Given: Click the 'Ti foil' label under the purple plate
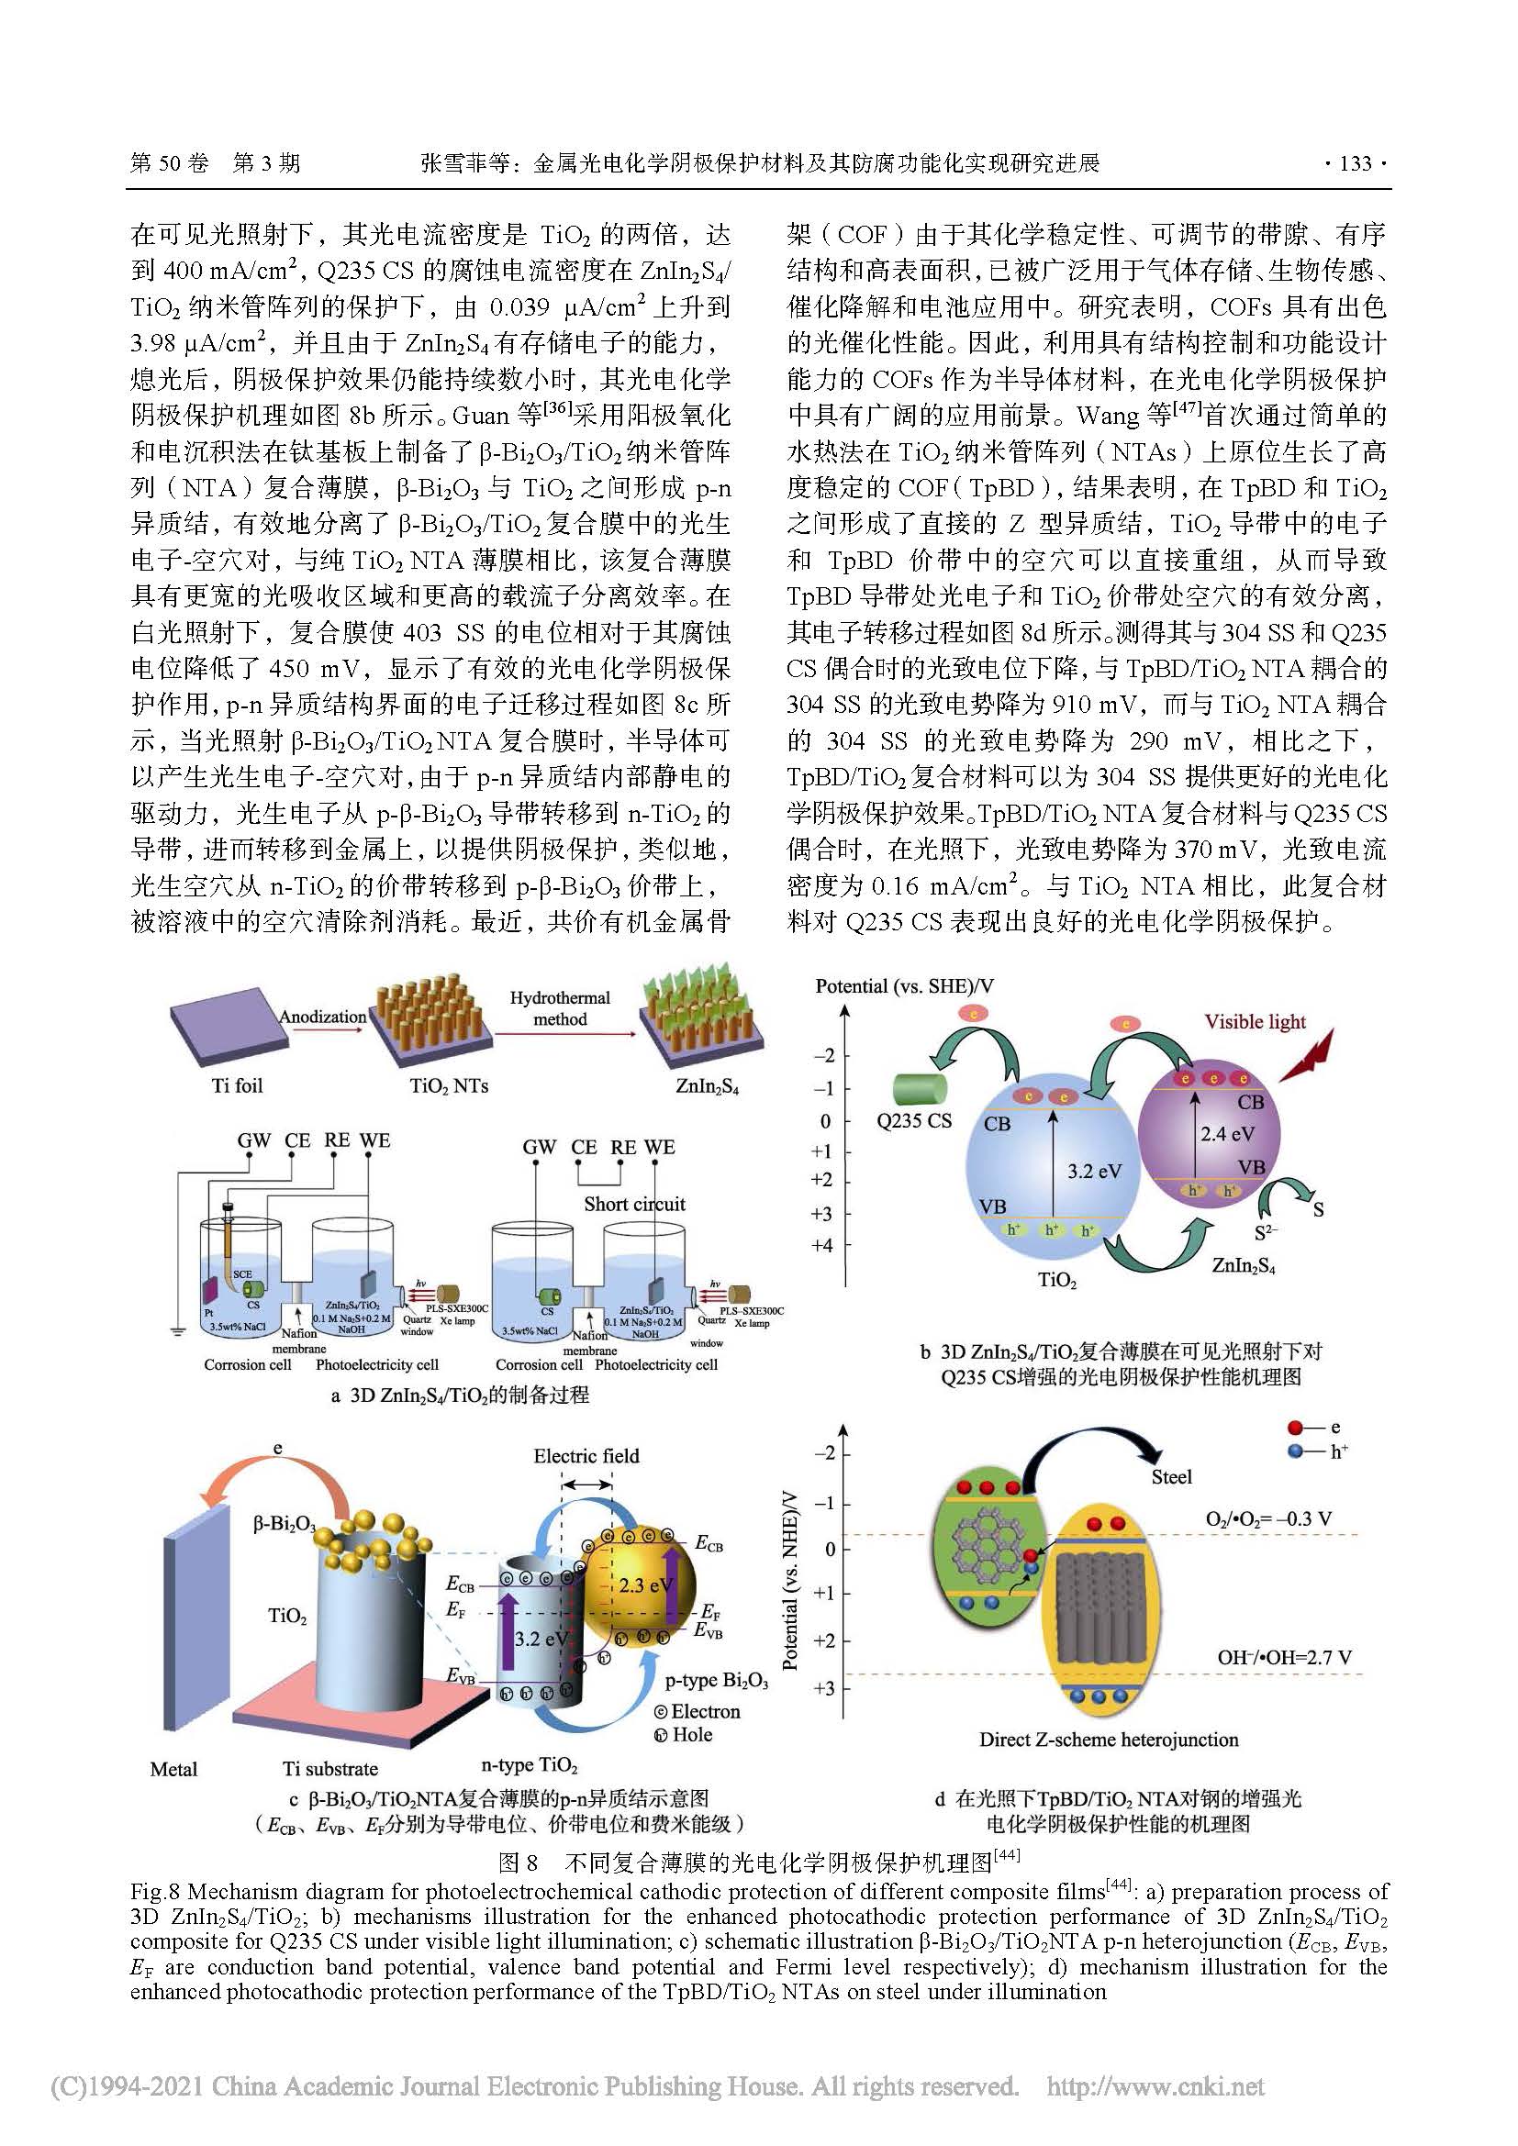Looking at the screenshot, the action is click(238, 1085).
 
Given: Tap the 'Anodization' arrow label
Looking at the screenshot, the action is click(322, 1016).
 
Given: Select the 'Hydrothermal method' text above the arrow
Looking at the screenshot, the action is click(560, 1008).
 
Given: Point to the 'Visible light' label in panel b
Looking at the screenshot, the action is click(1255, 1021).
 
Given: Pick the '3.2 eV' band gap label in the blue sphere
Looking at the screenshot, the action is click(1095, 1171).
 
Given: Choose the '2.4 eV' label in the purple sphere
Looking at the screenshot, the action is click(1227, 1134).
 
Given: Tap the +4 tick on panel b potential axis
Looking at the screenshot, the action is click(821, 1245).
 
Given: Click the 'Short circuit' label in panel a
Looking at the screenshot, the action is click(635, 1204).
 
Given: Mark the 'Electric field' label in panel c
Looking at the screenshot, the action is click(586, 1455).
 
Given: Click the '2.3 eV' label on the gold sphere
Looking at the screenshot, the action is click(646, 1585).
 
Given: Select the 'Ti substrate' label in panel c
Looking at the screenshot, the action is click(331, 1768).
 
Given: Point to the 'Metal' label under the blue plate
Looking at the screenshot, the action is click(173, 1768).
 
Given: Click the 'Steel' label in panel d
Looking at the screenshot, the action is click(1171, 1477).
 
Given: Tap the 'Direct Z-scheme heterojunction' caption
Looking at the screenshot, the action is click(1109, 1740).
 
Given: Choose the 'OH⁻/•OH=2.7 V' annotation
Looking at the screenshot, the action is click(1284, 1657).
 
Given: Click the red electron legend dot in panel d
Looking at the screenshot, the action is click(1296, 1428).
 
